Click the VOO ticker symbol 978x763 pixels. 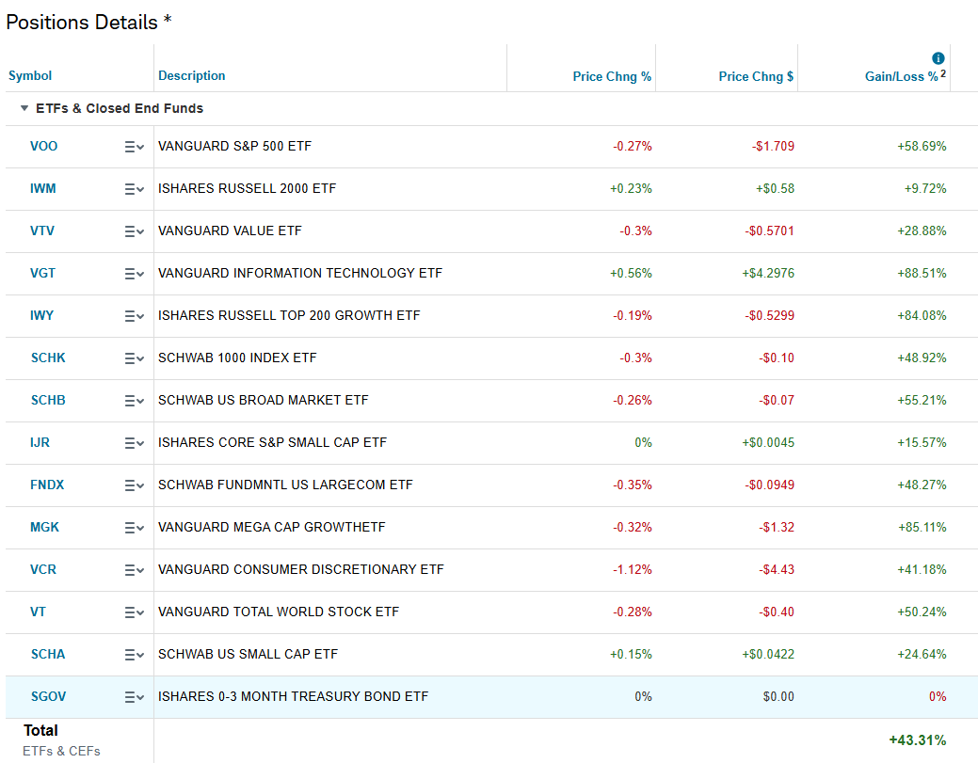pyautogui.click(x=43, y=146)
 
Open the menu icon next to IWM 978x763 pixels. pyautogui.click(x=134, y=189)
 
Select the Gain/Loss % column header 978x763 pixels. pyautogui.click(x=901, y=76)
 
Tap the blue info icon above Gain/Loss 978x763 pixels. pyautogui.click(x=938, y=58)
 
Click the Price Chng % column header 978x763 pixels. pyautogui.click(x=612, y=76)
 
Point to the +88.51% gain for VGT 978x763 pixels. pyautogui.click(x=922, y=273)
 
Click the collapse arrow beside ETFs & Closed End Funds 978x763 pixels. pyautogui.click(x=24, y=108)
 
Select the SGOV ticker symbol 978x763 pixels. pyautogui.click(x=48, y=696)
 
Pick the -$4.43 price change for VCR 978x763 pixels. pyautogui.click(x=776, y=569)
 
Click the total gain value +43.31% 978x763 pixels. pyautogui.click(x=917, y=740)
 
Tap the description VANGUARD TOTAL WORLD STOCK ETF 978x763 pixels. pyautogui.click(x=279, y=612)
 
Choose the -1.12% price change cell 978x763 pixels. pyautogui.click(x=632, y=569)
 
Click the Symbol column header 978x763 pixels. pyautogui.click(x=30, y=75)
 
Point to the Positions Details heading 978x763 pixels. pyautogui.click(x=82, y=23)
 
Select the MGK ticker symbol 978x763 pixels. pyautogui.click(x=44, y=527)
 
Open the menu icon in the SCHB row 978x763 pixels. pyautogui.click(x=134, y=401)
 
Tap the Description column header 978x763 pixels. pyautogui.click(x=192, y=75)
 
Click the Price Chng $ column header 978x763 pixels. pyautogui.click(x=756, y=76)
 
